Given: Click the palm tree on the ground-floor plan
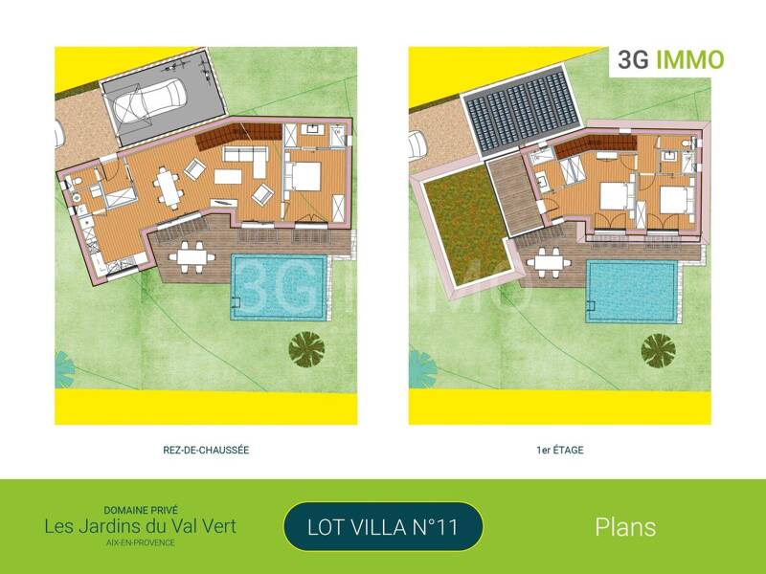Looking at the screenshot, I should point(306,347).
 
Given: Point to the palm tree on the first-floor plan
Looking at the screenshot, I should point(659,350).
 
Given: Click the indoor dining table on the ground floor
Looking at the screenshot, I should point(171,188).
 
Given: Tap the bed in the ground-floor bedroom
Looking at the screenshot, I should point(304,176).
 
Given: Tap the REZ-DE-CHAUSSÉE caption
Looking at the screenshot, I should point(206,450).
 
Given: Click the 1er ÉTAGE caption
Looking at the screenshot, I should point(560,450).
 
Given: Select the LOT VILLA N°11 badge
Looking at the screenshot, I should point(383,526).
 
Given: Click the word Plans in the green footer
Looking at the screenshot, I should point(625,527).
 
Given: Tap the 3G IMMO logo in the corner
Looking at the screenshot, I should point(670,59).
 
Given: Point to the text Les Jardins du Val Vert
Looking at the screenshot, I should point(140,526).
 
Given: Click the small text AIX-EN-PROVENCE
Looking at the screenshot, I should point(140,542).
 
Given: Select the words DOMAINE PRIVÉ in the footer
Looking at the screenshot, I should point(140,510).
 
